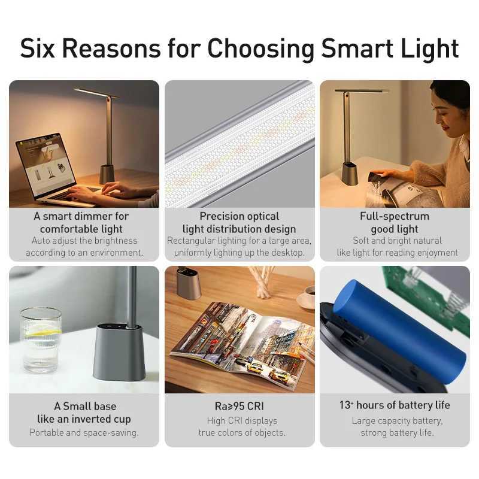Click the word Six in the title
40,48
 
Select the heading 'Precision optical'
239,216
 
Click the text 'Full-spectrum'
395,216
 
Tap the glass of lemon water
41,338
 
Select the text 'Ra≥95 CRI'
239,407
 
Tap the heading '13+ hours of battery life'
395,405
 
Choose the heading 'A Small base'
85,407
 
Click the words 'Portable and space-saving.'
84,432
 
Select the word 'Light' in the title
429,48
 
